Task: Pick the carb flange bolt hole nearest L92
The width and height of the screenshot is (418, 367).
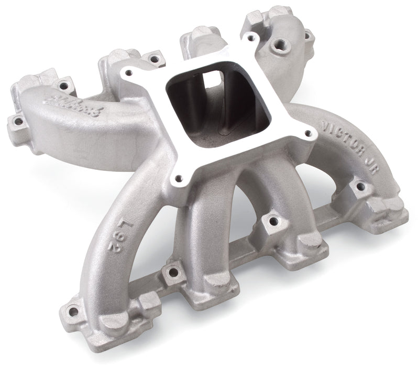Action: pos(180,177)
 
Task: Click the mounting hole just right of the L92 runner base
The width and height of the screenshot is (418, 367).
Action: pos(170,272)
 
